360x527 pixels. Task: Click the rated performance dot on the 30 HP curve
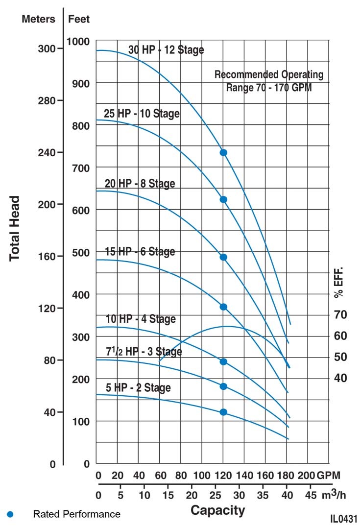223,153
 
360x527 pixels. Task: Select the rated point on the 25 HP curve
223,199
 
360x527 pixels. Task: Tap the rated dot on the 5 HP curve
223,412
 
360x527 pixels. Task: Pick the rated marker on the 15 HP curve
223,307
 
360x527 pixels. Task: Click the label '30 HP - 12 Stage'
166,50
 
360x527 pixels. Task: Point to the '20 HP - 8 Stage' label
140,184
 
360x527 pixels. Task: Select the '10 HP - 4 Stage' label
141,319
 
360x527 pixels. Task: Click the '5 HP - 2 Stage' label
139,388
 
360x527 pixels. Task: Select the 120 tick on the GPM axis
223,476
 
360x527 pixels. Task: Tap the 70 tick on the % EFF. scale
340,314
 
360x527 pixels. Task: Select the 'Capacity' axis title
217,510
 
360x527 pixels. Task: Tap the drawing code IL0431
344,519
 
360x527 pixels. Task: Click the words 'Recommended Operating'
269,75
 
